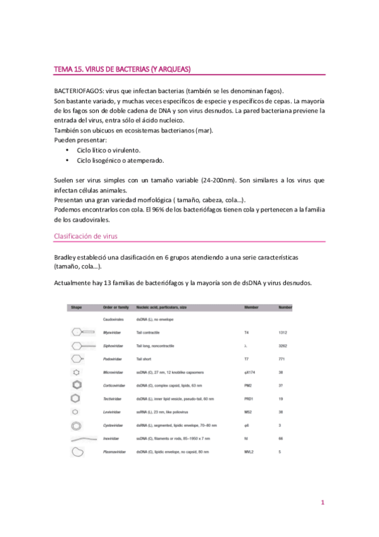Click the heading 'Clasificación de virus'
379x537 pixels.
tap(86, 236)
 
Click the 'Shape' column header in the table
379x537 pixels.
tap(77, 307)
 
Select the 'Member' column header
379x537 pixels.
tap(252, 307)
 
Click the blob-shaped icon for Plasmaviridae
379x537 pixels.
tap(78, 452)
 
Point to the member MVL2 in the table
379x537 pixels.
tap(250, 452)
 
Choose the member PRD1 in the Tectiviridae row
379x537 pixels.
tap(250, 399)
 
